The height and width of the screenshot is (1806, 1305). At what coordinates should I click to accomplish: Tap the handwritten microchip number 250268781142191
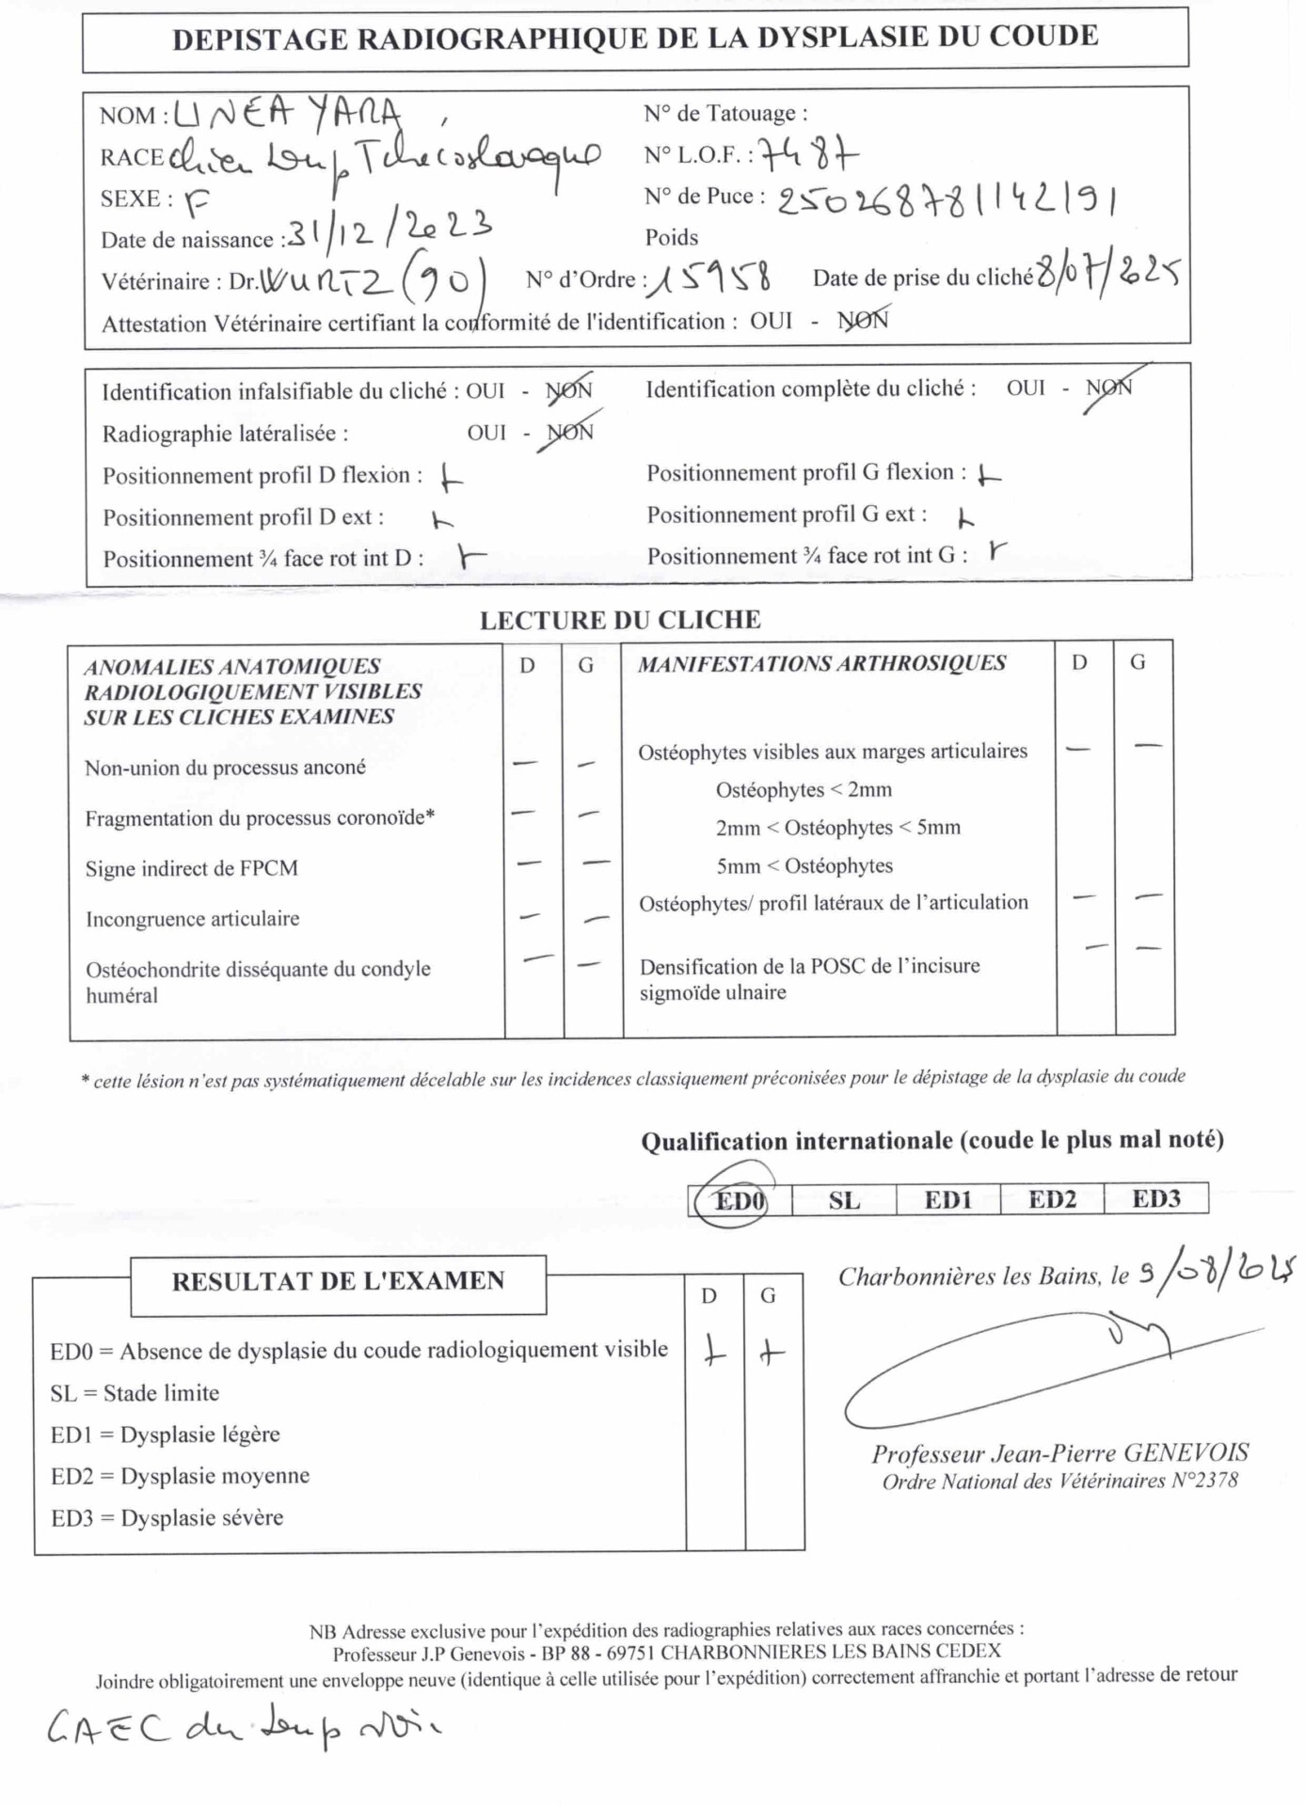pos(947,200)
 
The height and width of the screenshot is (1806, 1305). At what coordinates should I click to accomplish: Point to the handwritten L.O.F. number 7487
pos(808,153)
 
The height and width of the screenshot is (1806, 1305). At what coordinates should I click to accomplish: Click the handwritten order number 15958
pos(711,278)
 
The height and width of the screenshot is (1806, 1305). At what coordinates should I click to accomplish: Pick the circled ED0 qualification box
pos(740,1201)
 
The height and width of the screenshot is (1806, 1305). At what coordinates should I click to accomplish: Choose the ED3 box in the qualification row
pos(1155,1199)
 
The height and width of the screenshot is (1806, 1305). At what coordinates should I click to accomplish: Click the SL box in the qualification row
pos(844,1201)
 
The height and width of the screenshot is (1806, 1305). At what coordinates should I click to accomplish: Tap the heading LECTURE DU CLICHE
pos(620,620)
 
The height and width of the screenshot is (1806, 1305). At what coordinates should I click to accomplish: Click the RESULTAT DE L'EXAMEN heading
pos(338,1281)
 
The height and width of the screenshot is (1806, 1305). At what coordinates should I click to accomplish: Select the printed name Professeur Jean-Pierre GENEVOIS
pos(1059,1454)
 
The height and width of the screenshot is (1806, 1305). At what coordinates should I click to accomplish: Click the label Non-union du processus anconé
pos(225,768)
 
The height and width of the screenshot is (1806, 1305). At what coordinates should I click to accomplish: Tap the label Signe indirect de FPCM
pos(192,868)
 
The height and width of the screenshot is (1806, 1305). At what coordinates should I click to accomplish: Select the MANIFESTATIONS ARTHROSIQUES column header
pos(821,663)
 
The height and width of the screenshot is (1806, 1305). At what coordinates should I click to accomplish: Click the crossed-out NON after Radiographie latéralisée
pos(570,433)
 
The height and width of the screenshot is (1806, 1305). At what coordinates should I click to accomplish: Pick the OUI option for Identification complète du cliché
pos(1026,388)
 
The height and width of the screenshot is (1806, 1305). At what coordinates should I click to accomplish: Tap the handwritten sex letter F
pos(196,200)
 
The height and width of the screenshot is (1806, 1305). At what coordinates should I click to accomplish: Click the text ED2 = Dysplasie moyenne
pos(180,1476)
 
